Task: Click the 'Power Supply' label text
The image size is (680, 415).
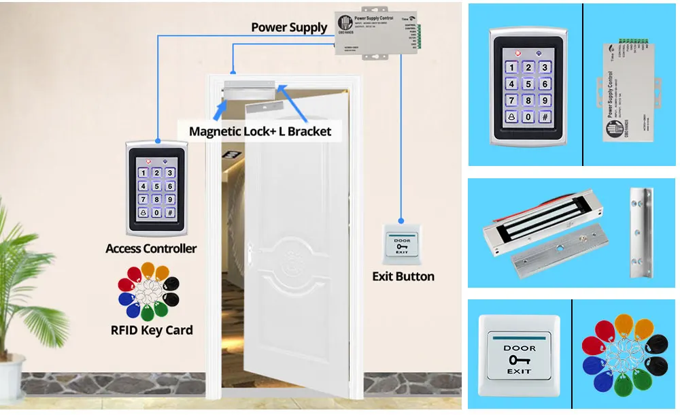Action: [x=289, y=27]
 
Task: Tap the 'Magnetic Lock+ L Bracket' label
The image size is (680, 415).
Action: [x=260, y=131]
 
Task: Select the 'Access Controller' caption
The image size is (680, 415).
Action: [x=151, y=248]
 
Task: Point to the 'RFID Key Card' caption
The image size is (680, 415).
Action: [x=152, y=331]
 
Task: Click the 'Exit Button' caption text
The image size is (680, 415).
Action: [x=403, y=276]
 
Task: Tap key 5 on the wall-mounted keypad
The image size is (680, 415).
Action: [x=156, y=186]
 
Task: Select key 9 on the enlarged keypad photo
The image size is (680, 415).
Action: [x=544, y=100]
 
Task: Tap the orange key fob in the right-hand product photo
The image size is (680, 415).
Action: [x=624, y=324]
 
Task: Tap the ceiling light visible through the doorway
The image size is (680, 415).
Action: [x=234, y=153]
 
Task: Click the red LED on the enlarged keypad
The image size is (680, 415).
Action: [x=517, y=52]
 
